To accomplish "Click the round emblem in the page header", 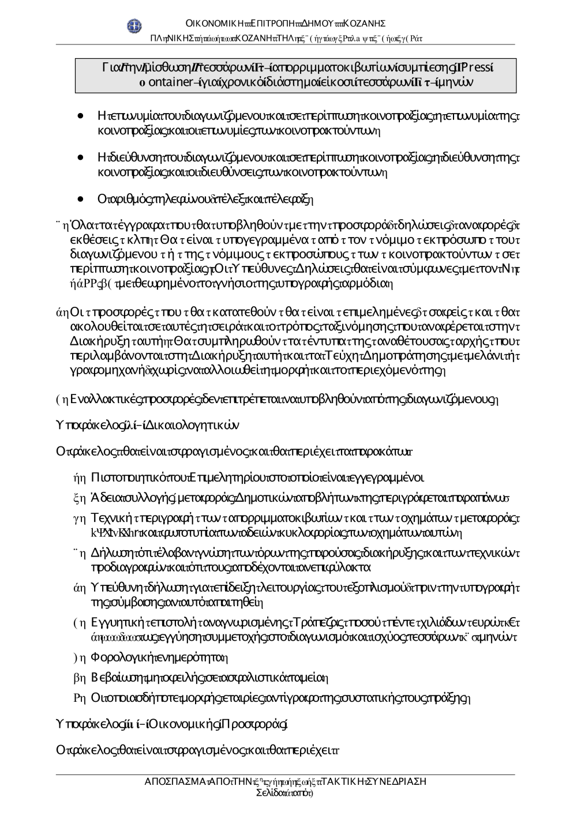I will pyautogui.click(x=134, y=25).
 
